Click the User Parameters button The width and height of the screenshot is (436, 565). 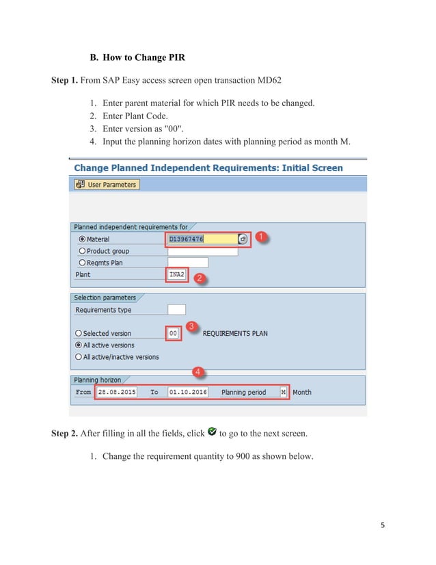click(107, 185)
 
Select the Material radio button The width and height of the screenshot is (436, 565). click(82, 239)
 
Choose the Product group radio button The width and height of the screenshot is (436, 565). click(82, 251)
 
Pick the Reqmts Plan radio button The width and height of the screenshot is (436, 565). click(82, 263)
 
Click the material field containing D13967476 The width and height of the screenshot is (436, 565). click(201, 239)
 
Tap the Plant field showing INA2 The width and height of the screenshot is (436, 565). click(176, 274)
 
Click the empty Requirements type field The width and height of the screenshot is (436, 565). click(176, 310)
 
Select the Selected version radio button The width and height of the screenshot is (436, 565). click(79, 334)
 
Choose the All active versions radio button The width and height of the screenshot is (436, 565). click(79, 345)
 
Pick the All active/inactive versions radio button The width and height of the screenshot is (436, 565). click(79, 357)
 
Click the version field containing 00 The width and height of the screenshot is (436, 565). click(174, 334)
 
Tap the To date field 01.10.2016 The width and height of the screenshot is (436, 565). click(187, 393)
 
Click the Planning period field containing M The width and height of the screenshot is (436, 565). click(283, 393)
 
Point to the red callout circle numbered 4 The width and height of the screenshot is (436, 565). click(198, 373)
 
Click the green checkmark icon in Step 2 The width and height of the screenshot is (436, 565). click(212, 432)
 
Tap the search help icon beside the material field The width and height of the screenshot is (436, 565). click(243, 239)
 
